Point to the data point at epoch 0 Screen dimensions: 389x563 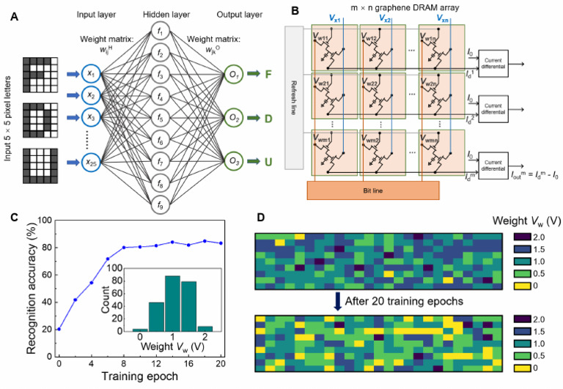click(59, 329)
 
